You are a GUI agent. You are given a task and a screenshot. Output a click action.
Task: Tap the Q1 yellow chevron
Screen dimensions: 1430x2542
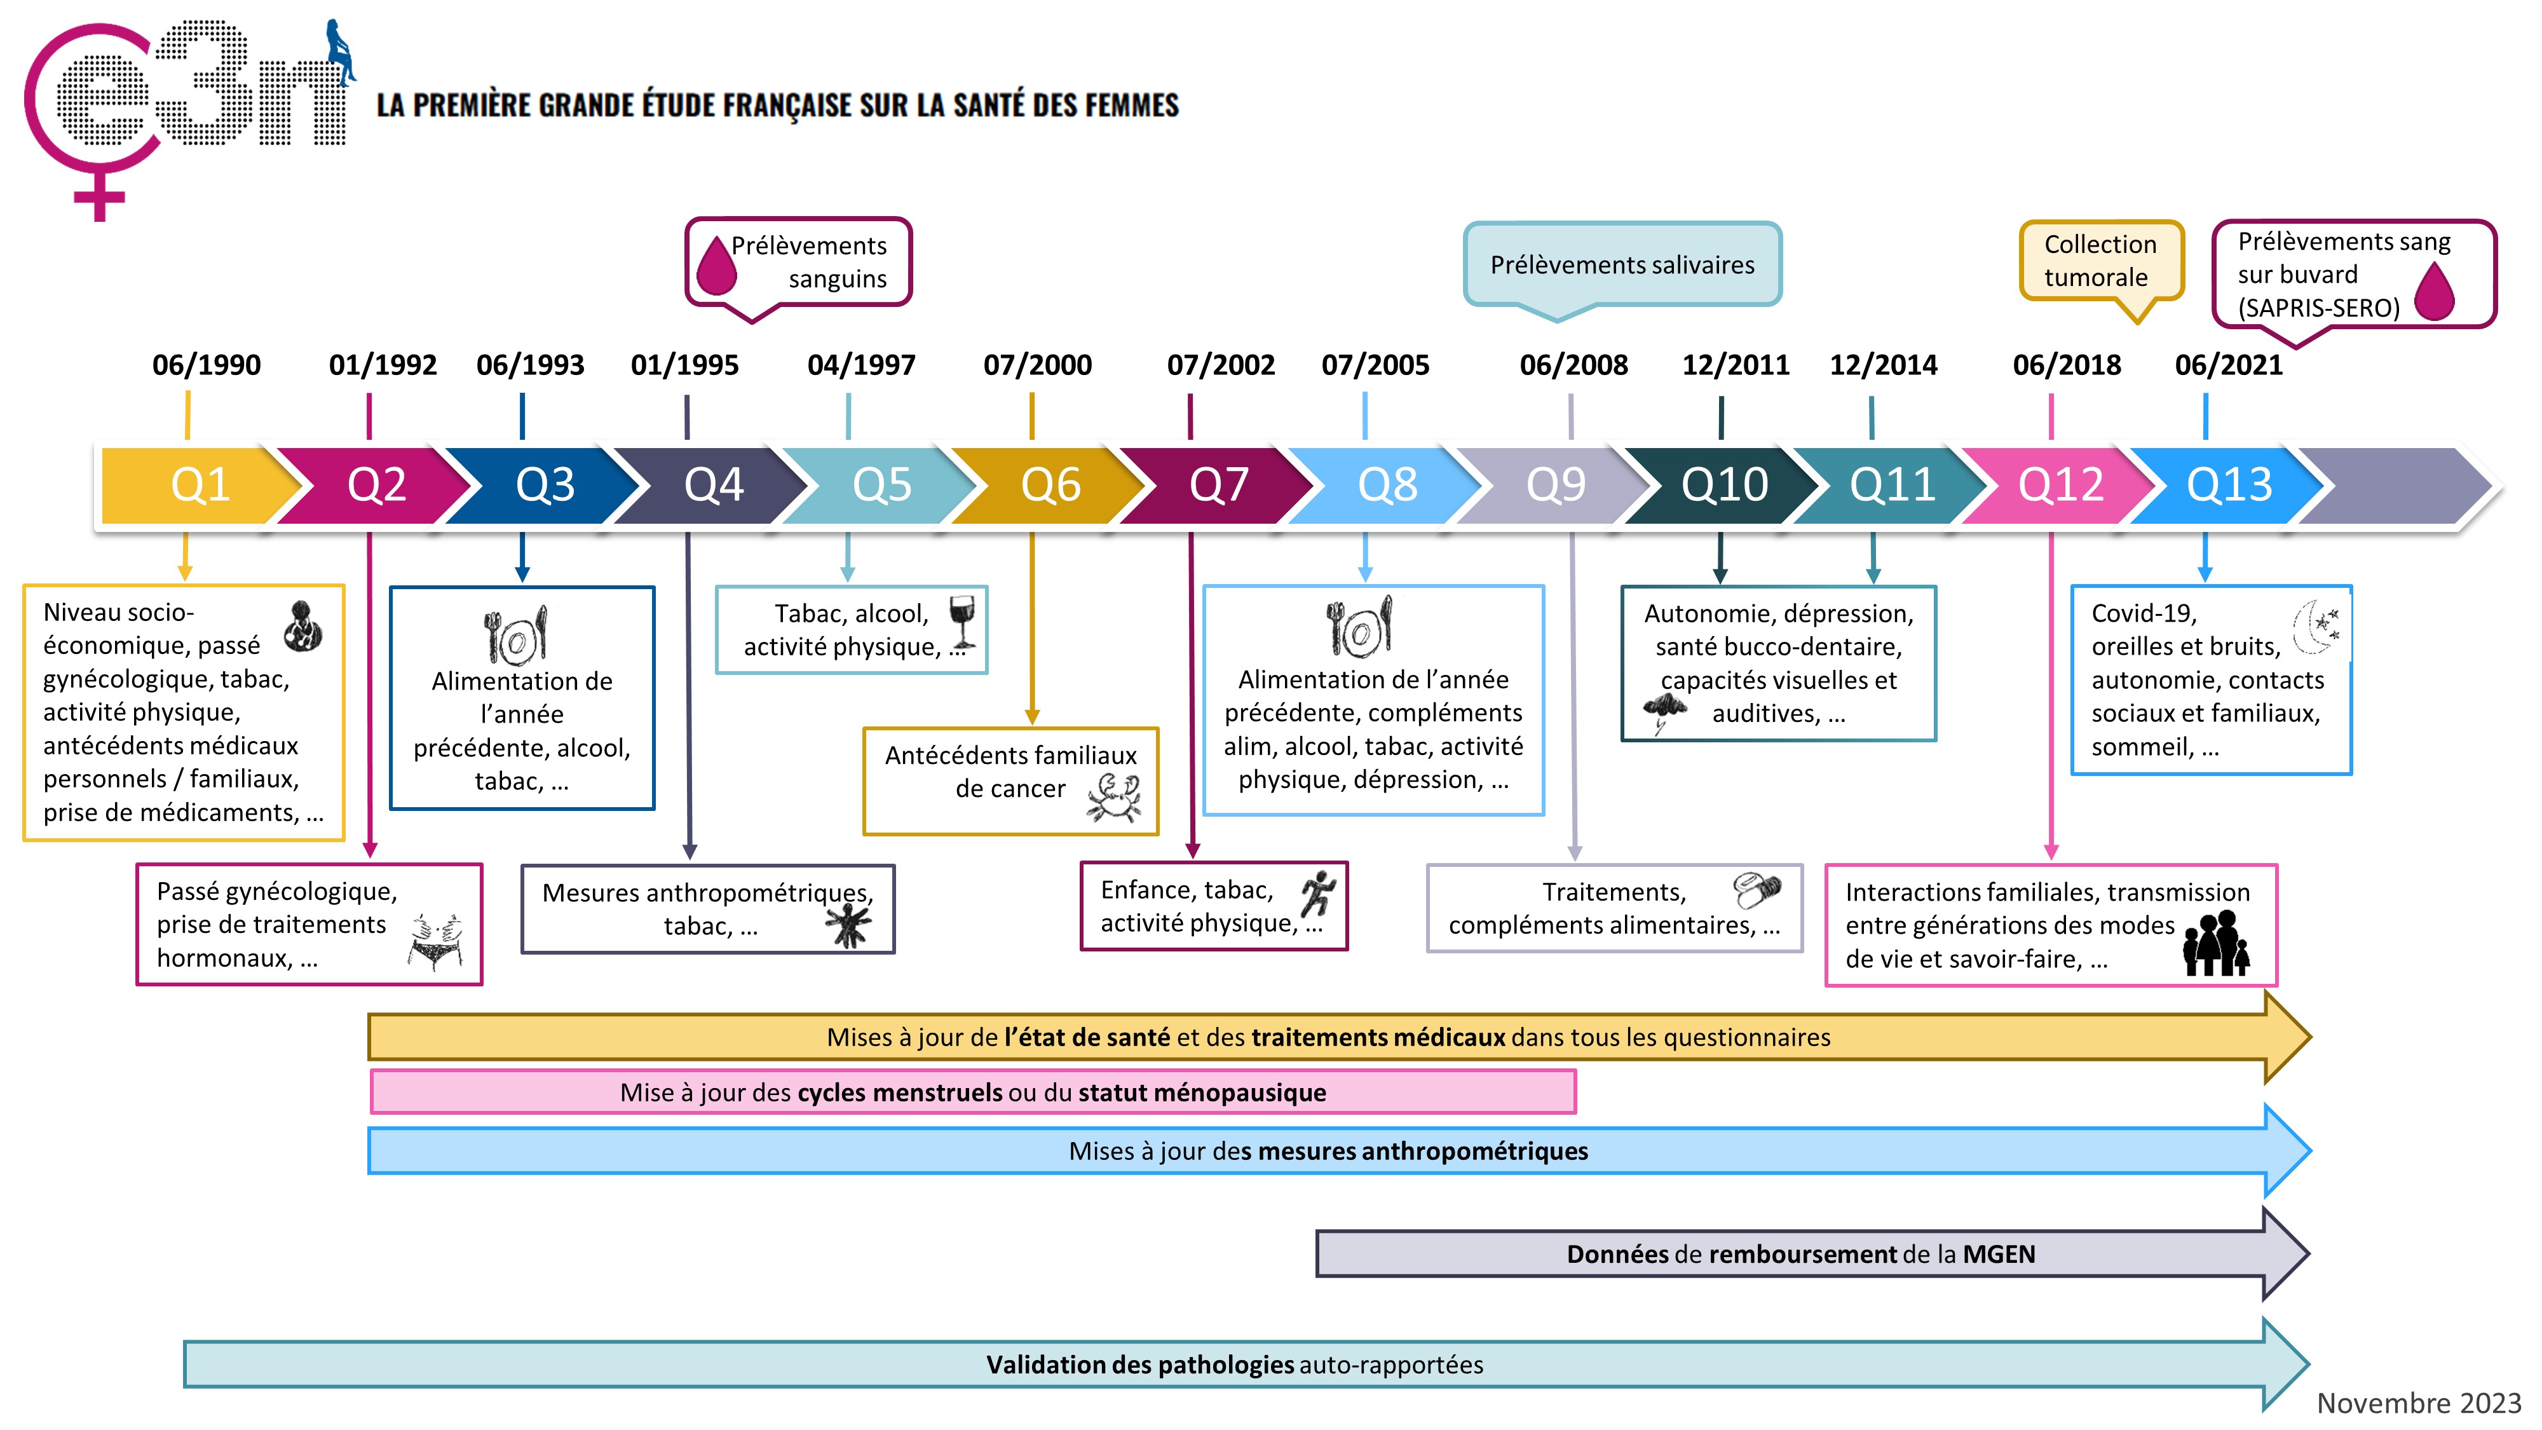click(200, 484)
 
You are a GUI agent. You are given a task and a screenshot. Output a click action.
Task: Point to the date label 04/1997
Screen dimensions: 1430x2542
click(860, 365)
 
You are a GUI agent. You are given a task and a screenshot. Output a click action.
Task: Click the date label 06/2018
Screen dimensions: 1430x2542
click(2067, 365)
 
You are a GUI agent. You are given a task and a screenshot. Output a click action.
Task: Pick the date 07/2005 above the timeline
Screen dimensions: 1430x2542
click(1375, 365)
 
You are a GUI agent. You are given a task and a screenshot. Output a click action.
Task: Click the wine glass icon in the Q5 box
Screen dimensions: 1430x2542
click(962, 622)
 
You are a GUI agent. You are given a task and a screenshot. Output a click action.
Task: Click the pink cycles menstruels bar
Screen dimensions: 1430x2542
click(972, 1093)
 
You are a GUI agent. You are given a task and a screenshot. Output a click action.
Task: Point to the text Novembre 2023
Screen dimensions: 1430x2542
click(2417, 1403)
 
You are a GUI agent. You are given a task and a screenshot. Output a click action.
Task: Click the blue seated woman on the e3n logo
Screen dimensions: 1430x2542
click(341, 51)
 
